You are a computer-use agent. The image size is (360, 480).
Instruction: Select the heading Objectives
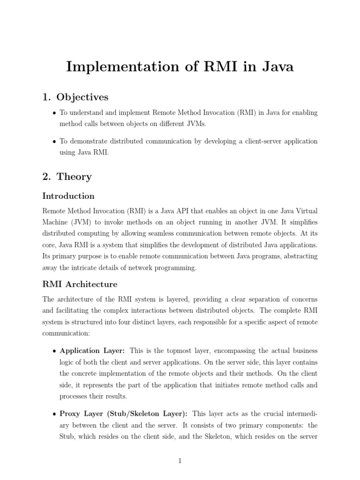pos(82,97)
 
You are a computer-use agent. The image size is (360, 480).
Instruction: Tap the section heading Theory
pos(74,177)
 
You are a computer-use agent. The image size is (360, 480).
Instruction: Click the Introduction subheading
pos(68,196)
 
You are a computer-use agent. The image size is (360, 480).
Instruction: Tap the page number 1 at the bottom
pos(180,461)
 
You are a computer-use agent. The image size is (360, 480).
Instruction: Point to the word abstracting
pos(298,256)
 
